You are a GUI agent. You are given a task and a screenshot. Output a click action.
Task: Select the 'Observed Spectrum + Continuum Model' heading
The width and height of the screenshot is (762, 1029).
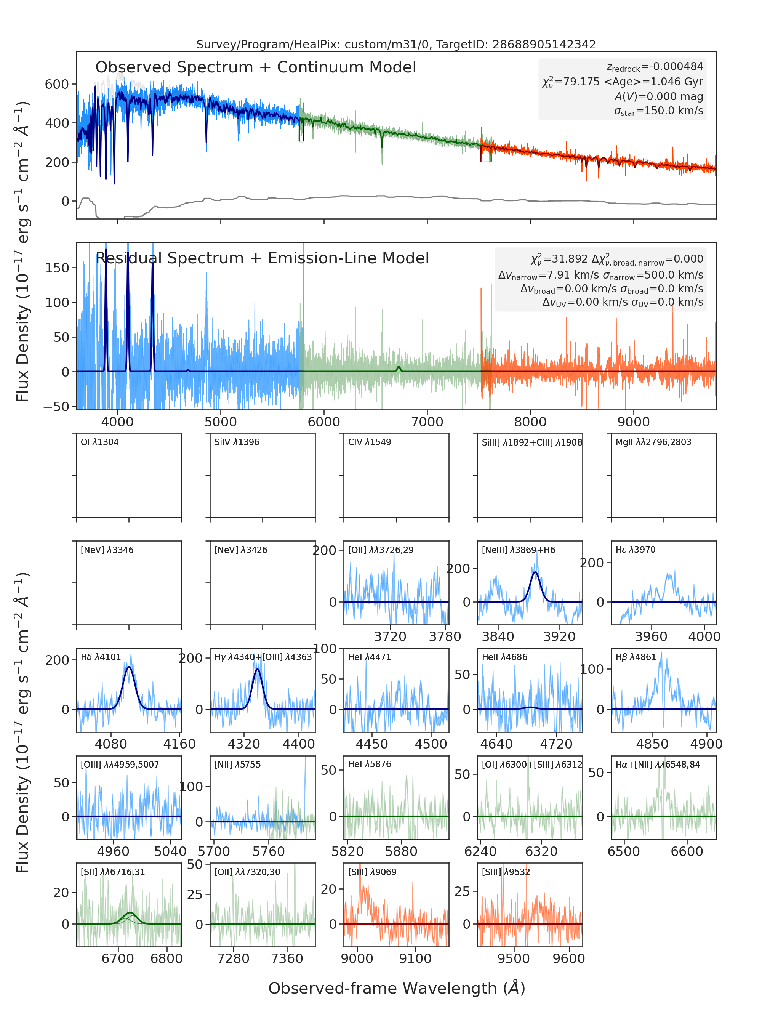256,67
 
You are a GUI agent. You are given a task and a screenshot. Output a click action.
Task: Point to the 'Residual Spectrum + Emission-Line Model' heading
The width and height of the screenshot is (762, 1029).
262,258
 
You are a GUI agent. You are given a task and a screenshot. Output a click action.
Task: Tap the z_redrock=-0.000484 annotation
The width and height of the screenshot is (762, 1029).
655,67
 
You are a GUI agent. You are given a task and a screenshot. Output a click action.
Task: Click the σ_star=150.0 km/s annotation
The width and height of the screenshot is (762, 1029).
658,111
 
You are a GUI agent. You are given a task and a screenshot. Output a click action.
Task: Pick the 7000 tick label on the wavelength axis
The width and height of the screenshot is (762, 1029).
427,422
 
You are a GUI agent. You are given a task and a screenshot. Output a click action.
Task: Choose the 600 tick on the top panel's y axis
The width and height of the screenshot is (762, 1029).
57,84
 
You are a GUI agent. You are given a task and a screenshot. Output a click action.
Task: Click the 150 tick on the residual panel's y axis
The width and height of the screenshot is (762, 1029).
57,268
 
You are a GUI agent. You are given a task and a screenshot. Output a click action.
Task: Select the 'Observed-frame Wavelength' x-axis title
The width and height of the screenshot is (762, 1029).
397,988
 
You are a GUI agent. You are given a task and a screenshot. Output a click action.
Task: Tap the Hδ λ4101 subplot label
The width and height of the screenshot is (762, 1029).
101,657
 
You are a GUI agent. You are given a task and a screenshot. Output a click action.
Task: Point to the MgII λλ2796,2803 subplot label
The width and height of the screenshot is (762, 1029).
653,442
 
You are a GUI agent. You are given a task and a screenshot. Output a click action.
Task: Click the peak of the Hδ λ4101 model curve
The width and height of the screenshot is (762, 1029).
129,667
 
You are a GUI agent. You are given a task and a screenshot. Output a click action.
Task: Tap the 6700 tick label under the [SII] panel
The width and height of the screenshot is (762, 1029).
118,958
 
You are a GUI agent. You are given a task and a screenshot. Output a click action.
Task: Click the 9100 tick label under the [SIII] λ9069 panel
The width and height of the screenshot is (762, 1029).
415,958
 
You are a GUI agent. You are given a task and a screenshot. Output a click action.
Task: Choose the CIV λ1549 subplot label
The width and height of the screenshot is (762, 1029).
370,442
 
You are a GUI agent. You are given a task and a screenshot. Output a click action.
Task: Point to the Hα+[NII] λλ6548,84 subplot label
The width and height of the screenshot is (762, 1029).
658,765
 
